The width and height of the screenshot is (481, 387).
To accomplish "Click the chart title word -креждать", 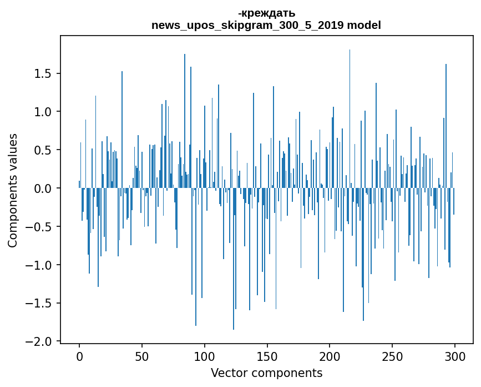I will pyautogui.click(x=266, y=13).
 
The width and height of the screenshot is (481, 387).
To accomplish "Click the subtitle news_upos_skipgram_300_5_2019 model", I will pyautogui.click(x=266, y=26).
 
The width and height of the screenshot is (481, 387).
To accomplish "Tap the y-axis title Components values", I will pyautogui.click(x=13, y=190).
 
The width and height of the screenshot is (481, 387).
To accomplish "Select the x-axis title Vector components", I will pyautogui.click(x=266, y=373).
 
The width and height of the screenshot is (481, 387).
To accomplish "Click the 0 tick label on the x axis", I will pyautogui.click(x=79, y=355).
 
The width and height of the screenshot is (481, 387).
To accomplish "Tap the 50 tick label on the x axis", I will pyautogui.click(x=142, y=355).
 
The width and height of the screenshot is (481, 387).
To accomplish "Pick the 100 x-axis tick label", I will pyautogui.click(x=205, y=355).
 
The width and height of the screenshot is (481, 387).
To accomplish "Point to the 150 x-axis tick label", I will pyautogui.click(x=267, y=355).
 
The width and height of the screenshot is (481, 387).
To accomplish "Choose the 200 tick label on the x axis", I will pyautogui.click(x=330, y=355).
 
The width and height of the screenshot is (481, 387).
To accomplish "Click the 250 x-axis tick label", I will pyautogui.click(x=393, y=355).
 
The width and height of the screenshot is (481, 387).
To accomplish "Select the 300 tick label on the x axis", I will pyautogui.click(x=455, y=355).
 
